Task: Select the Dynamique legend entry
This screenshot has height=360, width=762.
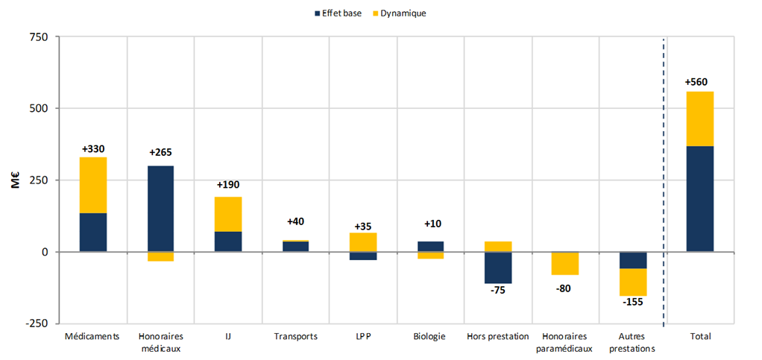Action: pos(400,13)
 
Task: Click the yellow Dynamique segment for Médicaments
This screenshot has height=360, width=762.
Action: pos(93,185)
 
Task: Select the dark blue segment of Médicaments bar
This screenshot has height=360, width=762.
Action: pos(93,233)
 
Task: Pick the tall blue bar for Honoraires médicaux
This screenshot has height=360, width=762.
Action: pos(160,209)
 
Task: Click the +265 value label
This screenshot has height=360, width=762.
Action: pos(160,153)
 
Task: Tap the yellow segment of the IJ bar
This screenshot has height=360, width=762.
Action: pos(228,214)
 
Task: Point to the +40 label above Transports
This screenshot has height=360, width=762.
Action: pos(296,221)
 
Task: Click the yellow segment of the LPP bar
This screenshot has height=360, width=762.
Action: pos(364,242)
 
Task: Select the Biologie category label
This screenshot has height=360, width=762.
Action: pos(429,336)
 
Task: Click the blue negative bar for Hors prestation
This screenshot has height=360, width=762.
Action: pos(498,268)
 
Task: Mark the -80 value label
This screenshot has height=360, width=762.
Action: pos(565,288)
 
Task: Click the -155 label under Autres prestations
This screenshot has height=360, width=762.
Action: pos(632,302)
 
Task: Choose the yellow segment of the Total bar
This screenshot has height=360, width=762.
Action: pos(700,119)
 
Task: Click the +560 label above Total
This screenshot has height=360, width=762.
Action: pos(700,82)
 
